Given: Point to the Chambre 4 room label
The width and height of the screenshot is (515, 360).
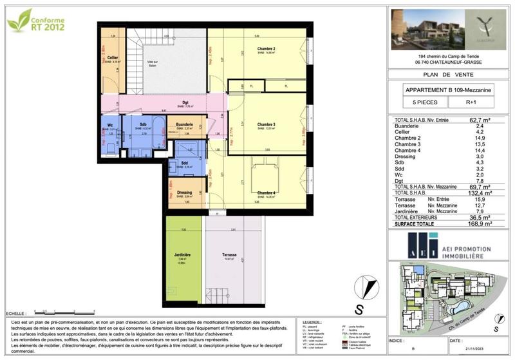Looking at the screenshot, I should (x=266, y=193).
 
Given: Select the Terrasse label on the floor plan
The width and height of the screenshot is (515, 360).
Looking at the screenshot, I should (x=230, y=255).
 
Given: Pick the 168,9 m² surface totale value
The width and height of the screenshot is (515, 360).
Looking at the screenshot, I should (x=478, y=224).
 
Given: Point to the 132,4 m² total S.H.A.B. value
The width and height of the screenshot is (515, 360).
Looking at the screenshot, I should (x=478, y=193).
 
